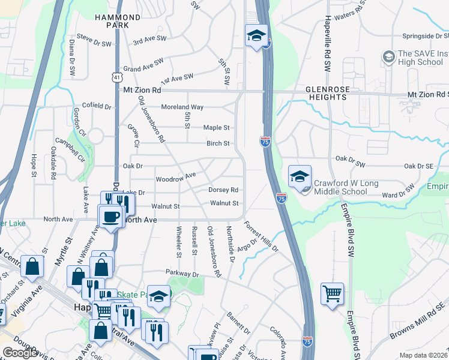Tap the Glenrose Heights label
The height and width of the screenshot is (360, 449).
[328, 93]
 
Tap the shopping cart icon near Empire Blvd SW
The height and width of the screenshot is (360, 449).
[332, 293]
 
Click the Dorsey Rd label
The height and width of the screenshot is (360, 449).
[223, 190]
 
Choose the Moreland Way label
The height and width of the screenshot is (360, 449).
[182, 107]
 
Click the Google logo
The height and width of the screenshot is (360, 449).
[20, 353]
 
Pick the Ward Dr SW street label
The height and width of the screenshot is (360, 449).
[399, 193]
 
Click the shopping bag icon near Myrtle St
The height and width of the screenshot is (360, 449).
[32, 268]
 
